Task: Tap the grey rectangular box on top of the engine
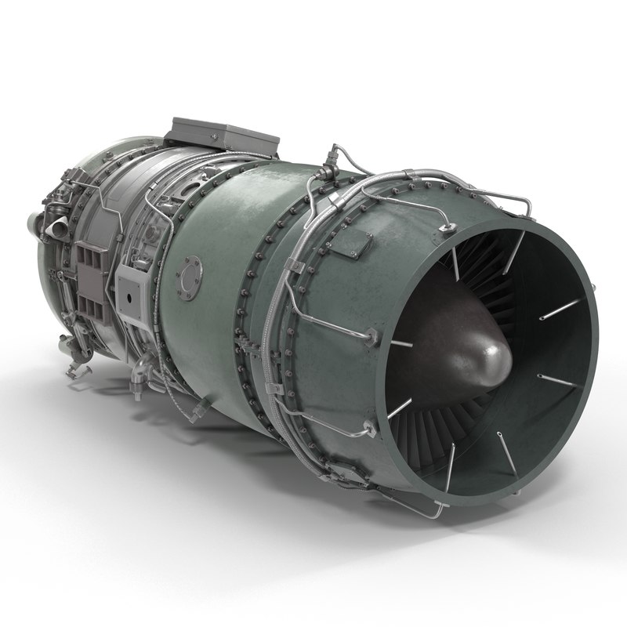tap(223, 135)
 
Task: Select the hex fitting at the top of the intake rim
tap(448, 228)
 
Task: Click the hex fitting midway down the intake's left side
tap(371, 336)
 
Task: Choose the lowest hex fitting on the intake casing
tap(367, 429)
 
